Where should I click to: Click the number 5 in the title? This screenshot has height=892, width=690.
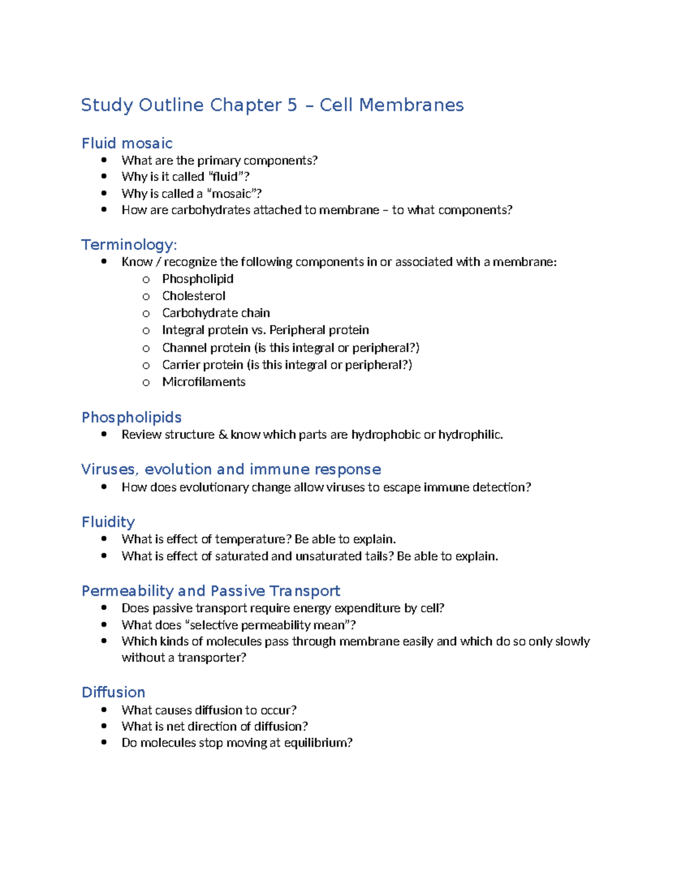point(292,105)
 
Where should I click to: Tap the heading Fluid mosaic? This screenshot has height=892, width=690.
point(127,143)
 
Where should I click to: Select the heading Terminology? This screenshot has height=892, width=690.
point(129,245)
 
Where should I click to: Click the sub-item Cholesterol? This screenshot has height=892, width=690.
point(194,296)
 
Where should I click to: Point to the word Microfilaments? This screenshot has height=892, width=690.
point(204,382)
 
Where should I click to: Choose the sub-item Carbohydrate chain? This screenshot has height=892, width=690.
point(216,313)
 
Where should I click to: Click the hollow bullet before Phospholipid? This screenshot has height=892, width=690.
point(146,280)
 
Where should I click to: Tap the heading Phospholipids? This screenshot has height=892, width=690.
point(132,418)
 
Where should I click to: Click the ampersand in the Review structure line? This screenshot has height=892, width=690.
point(223,435)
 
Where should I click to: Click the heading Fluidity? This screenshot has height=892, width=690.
point(108,522)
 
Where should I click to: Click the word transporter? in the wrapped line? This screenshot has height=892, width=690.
point(212,658)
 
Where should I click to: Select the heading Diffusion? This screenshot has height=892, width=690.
point(113,692)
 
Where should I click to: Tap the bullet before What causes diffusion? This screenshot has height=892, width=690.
point(104,710)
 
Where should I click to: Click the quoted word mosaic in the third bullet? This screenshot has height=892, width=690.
point(231,194)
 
